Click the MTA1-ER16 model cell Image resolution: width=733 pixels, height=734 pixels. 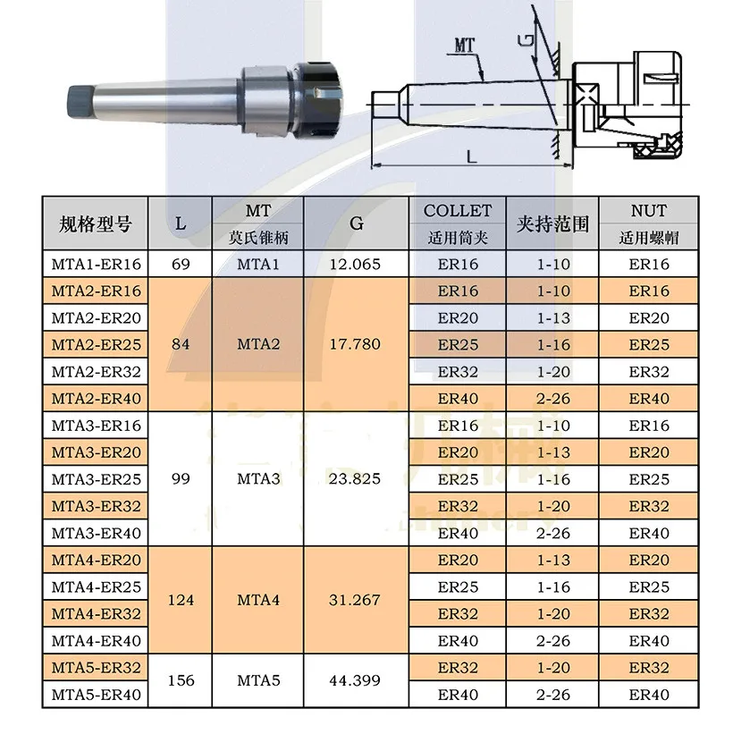[96, 264]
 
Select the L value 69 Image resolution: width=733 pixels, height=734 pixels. [181, 264]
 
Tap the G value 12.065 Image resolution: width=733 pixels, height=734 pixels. [355, 264]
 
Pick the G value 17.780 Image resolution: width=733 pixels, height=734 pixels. [355, 344]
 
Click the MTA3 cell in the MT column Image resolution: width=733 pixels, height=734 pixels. [258, 479]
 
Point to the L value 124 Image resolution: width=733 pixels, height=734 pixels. [181, 600]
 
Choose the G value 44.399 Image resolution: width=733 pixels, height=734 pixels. [355, 680]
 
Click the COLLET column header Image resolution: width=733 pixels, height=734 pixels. [458, 211]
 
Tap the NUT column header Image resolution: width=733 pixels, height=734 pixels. [649, 211]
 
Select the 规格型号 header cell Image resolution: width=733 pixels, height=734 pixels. [96, 224]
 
